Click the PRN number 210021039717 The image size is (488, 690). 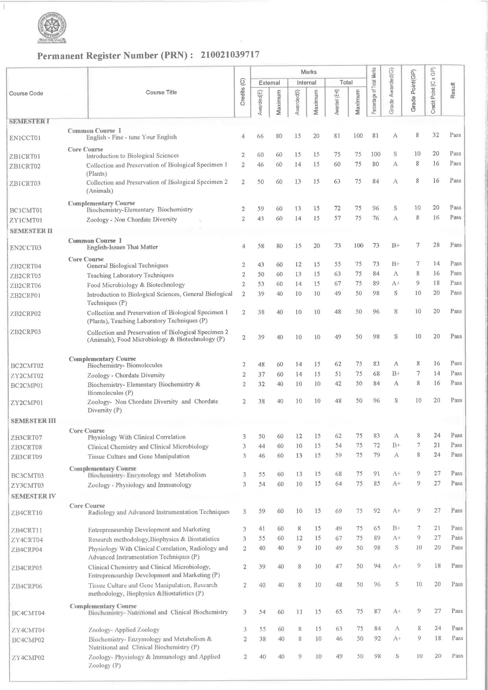point(230,55)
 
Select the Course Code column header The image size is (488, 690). point(26,93)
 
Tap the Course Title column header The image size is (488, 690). point(161,92)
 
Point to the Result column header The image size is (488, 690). point(453,90)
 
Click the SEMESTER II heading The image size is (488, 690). point(31,231)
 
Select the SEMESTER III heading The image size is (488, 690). point(33,421)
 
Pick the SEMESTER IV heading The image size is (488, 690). point(33,496)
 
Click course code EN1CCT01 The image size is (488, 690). point(25,138)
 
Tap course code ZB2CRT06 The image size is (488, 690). point(26,286)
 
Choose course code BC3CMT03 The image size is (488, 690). point(28,476)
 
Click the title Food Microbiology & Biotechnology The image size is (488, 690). point(136,285)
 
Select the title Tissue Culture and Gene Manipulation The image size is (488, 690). point(139,456)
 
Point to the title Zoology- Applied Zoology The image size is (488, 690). point(124,630)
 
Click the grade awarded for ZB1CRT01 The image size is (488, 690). point(395,154)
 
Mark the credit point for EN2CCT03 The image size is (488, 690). point(436,245)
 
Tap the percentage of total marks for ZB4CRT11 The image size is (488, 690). point(377,528)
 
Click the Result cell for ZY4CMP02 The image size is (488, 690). point(457,656)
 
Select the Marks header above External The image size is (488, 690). point(309,72)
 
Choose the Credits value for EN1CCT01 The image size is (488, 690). point(243,137)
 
